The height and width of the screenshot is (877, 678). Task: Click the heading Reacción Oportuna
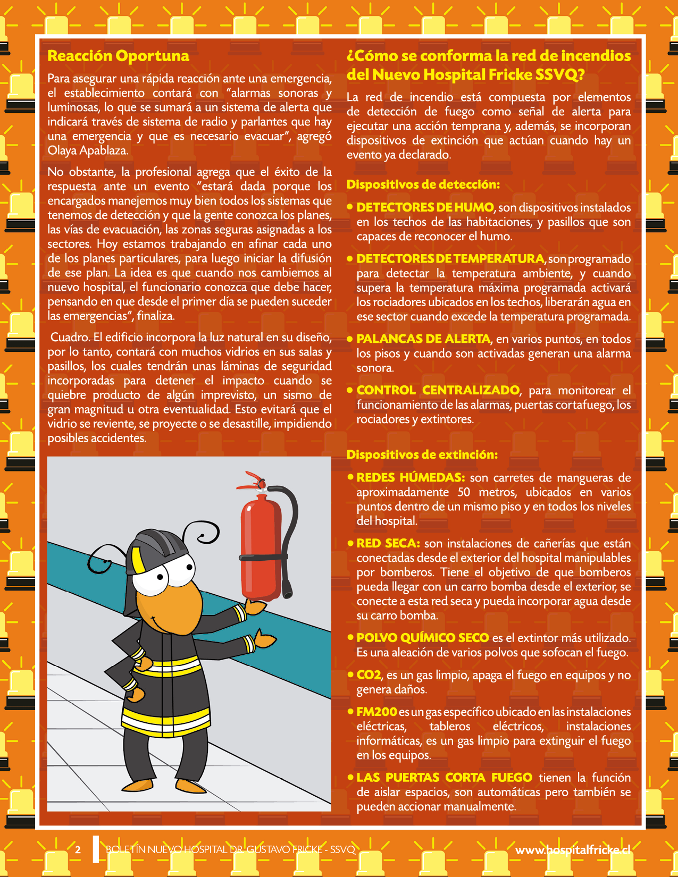coord(118,56)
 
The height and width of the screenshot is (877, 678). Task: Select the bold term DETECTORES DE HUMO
coord(425,207)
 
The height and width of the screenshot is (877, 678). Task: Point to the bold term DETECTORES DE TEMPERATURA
coord(450,259)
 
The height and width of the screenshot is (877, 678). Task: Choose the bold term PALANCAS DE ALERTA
coord(423,339)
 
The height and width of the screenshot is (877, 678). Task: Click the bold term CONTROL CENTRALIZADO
coord(438,390)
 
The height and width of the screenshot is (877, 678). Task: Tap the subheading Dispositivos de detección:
coord(423,184)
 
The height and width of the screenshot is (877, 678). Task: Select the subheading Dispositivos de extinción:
coord(422,454)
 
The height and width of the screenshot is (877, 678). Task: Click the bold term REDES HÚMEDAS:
coord(411,477)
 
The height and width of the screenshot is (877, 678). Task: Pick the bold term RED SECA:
coord(388,543)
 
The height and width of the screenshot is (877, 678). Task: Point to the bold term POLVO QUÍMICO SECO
coord(422,638)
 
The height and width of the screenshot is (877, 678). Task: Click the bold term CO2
coord(369,675)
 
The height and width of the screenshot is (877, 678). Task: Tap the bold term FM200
coord(376,712)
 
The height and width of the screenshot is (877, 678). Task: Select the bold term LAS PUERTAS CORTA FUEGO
coord(444,778)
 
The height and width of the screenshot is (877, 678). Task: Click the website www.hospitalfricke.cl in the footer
coord(573,850)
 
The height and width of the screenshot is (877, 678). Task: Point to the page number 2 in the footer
coord(78,849)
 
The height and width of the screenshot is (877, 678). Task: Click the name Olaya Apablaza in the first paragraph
coord(87,150)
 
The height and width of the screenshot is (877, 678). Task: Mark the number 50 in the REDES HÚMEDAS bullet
coord(464,492)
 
